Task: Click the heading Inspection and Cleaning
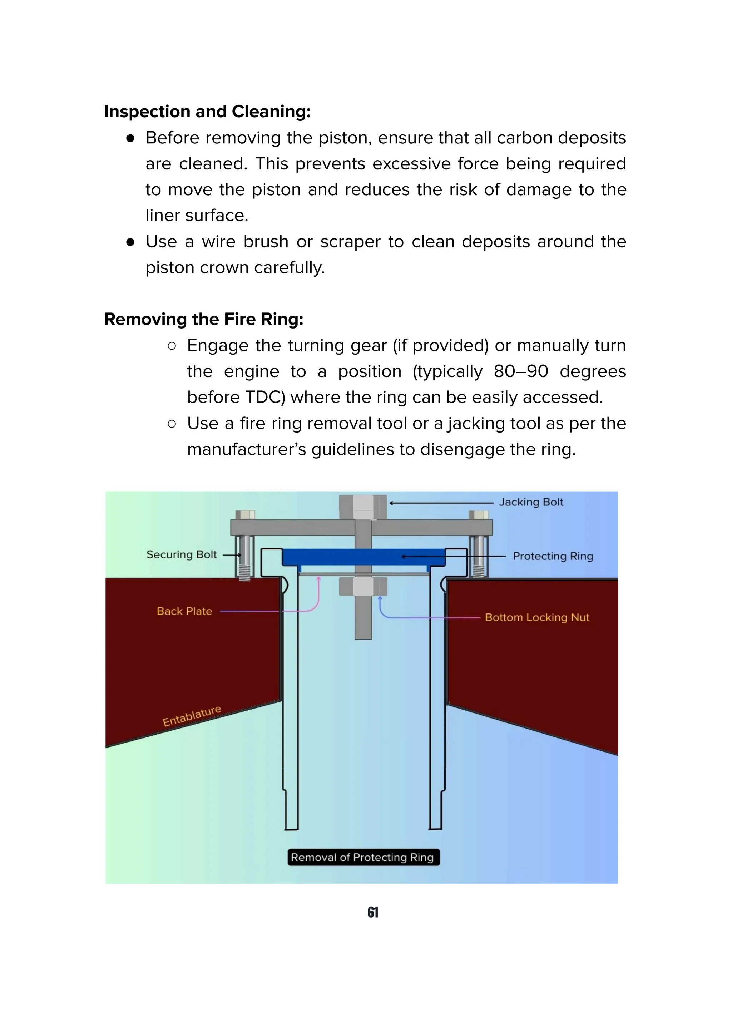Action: point(207,112)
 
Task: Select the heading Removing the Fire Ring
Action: point(203,319)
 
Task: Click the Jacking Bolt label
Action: point(531,502)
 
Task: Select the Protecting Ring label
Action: point(553,556)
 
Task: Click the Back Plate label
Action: point(184,611)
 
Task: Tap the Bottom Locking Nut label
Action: point(537,617)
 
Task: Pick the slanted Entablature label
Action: point(192,716)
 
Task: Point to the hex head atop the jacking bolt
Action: point(363,506)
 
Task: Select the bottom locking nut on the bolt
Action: point(363,587)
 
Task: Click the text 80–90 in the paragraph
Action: point(520,371)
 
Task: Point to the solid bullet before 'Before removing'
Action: point(130,138)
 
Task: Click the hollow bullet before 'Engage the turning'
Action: point(172,346)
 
